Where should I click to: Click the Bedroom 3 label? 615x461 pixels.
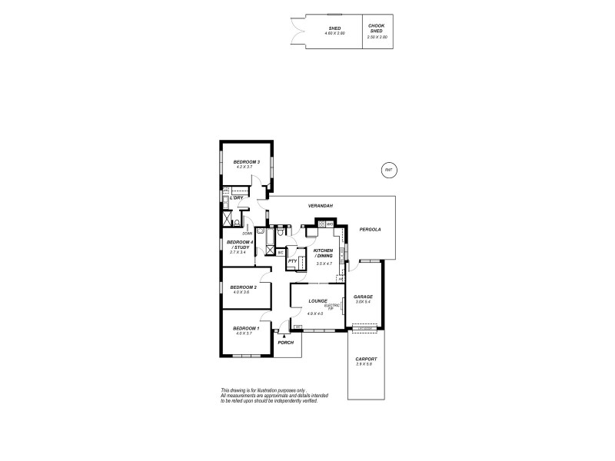click(x=248, y=162)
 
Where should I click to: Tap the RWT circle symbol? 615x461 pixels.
click(x=389, y=170)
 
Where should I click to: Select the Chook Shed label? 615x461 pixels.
click(x=377, y=29)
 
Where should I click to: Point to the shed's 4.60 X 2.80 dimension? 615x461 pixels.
click(x=334, y=35)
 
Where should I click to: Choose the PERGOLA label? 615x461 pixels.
click(x=370, y=229)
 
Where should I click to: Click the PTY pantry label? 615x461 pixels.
click(x=292, y=261)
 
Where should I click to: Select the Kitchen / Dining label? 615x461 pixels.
click(x=324, y=253)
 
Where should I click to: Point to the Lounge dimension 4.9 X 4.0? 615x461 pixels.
click(x=315, y=313)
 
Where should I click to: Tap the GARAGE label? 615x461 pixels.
click(x=363, y=297)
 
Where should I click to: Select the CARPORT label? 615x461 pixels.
click(x=366, y=359)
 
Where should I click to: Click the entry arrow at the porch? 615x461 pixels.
click(x=284, y=336)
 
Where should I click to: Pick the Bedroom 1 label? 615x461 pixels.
click(x=248, y=328)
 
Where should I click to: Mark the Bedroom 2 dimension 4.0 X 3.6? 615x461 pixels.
click(x=241, y=292)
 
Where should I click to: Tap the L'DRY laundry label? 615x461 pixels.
click(x=236, y=198)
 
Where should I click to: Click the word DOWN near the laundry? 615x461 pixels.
click(x=247, y=234)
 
